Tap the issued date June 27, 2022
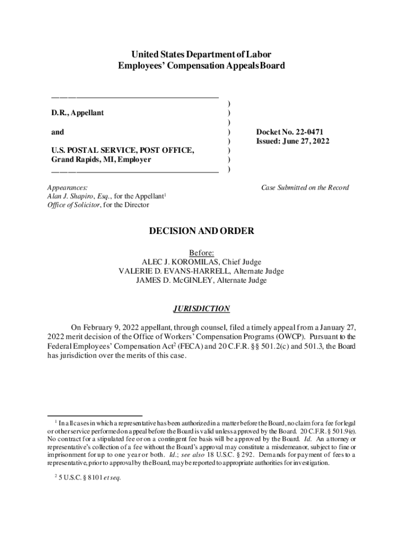coord(305,141)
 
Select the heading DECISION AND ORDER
coord(201,231)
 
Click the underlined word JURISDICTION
coord(201,308)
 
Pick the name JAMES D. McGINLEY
coord(173,281)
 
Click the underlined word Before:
coord(201,253)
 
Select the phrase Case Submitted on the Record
coord(305,187)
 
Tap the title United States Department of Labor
coord(201,55)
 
